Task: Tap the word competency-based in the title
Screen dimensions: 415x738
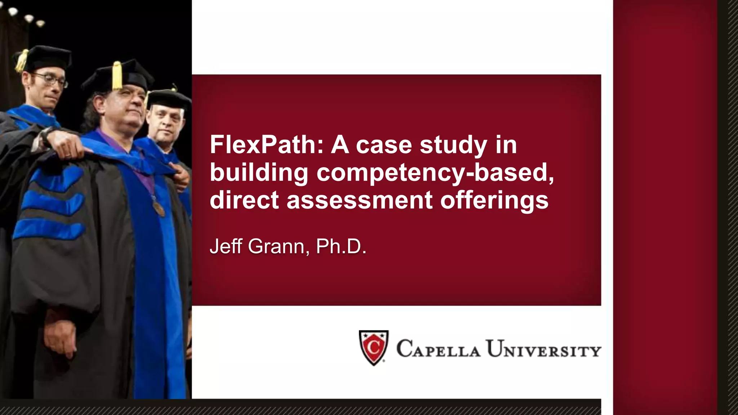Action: (435, 173)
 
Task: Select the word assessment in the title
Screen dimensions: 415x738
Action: (359, 200)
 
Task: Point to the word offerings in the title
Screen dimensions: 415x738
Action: (494, 200)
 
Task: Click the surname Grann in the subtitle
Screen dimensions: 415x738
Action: (276, 246)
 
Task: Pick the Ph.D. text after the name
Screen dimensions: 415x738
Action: (341, 246)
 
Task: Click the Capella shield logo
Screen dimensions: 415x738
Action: (374, 347)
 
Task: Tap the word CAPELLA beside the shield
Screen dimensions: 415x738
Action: (438, 349)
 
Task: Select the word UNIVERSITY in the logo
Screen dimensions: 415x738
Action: (543, 349)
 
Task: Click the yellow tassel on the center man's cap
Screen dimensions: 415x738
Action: (117, 76)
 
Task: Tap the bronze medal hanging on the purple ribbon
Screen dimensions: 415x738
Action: (159, 208)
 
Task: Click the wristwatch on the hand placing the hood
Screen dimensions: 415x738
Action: (46, 137)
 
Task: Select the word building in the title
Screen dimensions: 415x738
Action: (259, 173)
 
